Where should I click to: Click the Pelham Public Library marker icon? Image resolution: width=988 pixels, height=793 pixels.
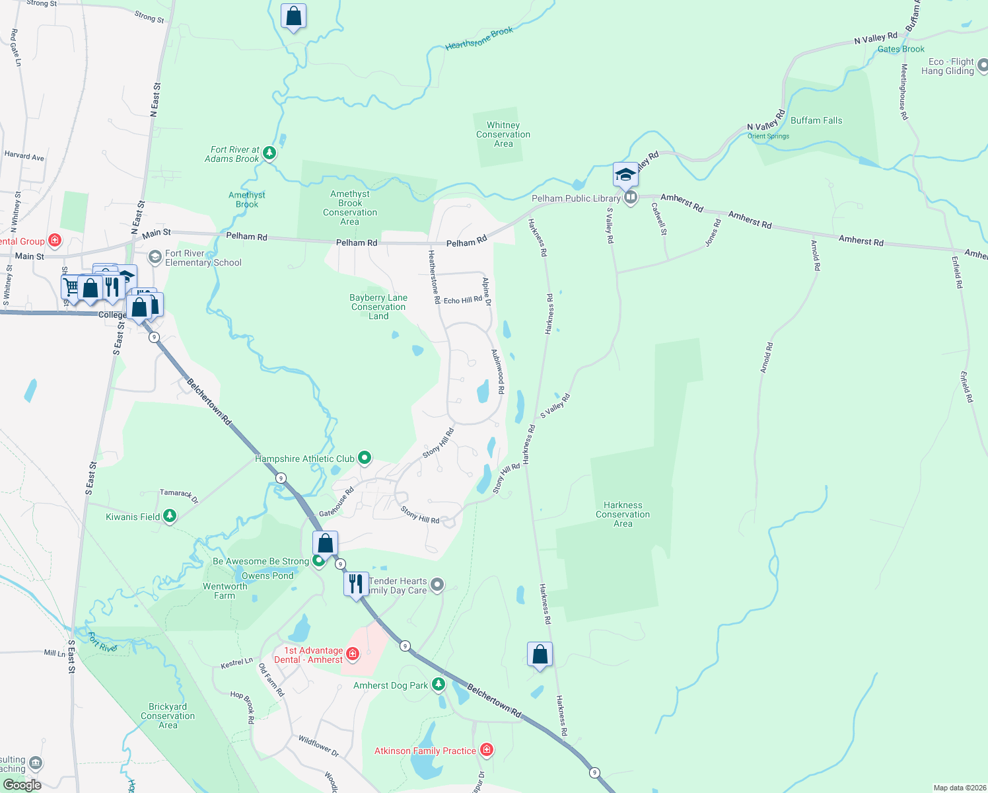click(x=631, y=198)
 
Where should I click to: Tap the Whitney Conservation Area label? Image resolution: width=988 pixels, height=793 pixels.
click(x=503, y=134)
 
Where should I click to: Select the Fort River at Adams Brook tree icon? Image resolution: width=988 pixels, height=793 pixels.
click(x=269, y=153)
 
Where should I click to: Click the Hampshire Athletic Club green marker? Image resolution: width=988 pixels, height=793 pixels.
click(x=364, y=458)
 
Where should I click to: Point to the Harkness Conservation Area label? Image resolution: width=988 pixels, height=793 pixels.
click(x=622, y=514)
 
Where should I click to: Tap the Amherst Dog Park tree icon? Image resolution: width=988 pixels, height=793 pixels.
click(x=438, y=685)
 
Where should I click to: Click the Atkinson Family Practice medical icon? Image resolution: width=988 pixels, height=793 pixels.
click(x=487, y=749)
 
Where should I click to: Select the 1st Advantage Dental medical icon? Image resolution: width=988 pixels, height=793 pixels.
click(x=353, y=654)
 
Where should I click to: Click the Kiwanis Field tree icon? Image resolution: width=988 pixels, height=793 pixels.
click(x=170, y=516)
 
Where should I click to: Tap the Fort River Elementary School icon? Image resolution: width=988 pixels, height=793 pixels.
click(x=155, y=257)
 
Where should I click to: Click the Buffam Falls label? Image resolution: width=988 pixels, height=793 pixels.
click(x=816, y=120)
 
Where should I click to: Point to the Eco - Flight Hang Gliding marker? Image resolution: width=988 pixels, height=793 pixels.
click(x=982, y=65)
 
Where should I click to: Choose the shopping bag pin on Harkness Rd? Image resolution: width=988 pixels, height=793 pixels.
click(x=540, y=655)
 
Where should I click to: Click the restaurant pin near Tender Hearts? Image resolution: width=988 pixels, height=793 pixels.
click(x=356, y=584)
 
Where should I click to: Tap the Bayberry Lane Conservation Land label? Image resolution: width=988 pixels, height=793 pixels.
click(x=378, y=307)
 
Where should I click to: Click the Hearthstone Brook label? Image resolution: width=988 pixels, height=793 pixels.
click(x=479, y=39)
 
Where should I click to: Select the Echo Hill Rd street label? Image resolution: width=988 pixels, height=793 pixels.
click(x=462, y=300)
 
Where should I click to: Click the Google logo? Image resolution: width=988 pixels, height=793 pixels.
click(x=22, y=784)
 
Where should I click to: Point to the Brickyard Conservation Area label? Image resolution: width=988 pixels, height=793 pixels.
click(x=168, y=716)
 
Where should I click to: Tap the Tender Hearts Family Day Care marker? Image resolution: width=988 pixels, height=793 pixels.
click(x=437, y=585)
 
